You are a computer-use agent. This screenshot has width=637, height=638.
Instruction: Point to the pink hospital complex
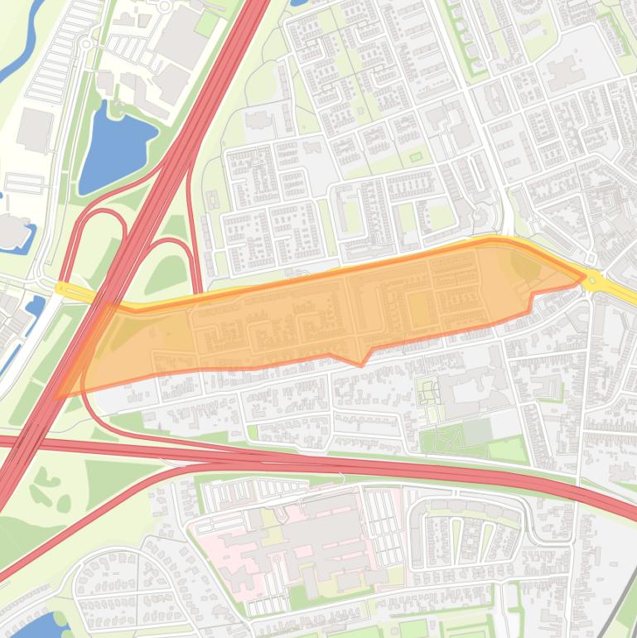pyautogui.click(x=290, y=547)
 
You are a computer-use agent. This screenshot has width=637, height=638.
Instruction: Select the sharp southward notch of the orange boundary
pyautogui.click(x=361, y=363)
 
